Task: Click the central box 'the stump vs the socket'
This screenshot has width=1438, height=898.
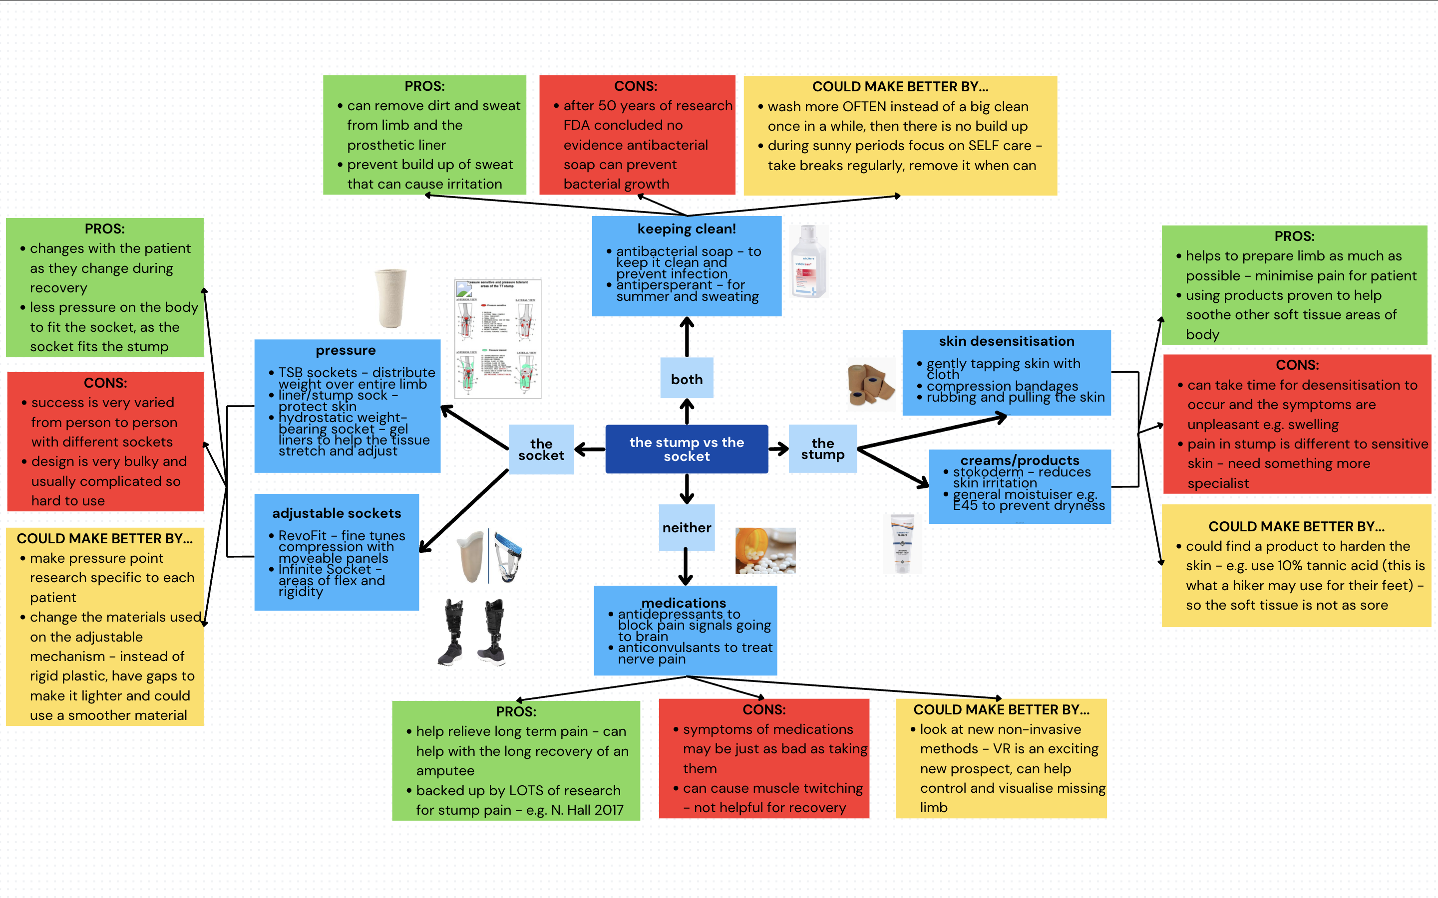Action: [687, 449]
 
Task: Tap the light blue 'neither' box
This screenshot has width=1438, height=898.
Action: [687, 527]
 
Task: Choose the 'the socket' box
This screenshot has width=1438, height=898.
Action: [541, 449]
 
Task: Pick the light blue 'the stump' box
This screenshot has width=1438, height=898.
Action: [822, 449]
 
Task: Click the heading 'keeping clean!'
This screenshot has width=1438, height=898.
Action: [687, 228]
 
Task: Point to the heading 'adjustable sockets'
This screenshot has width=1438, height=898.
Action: [337, 513]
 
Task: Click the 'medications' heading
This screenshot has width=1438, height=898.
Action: [684, 602]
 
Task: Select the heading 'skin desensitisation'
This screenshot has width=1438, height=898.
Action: [1006, 341]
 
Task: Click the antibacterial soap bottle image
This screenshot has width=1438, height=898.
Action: [809, 261]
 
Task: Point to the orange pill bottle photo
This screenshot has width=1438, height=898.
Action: [765, 551]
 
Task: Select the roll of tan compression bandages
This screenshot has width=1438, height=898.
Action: [870, 384]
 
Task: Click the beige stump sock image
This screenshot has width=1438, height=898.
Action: [390, 298]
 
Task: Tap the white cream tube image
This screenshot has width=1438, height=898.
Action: [902, 543]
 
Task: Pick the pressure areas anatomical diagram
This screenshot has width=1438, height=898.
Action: [498, 339]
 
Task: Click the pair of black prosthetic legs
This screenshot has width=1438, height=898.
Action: [473, 632]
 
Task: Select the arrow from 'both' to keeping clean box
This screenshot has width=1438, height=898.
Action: [687, 337]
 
